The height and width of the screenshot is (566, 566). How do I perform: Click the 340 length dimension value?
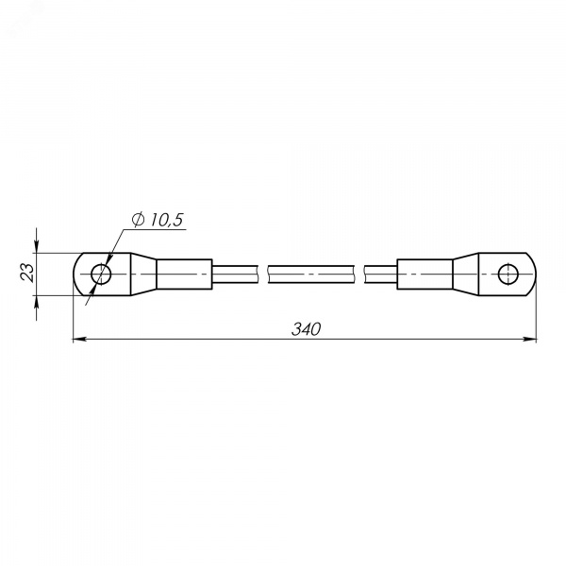(x=306, y=329)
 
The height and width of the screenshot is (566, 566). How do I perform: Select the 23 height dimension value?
(x=27, y=272)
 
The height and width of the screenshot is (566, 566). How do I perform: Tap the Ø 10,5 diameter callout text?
(x=158, y=220)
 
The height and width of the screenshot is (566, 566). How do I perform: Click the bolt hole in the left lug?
(x=101, y=274)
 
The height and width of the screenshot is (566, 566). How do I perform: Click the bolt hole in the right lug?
(x=508, y=274)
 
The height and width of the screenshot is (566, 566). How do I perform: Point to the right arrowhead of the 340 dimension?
(x=530, y=339)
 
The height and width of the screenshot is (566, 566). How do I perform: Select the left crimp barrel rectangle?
(x=184, y=274)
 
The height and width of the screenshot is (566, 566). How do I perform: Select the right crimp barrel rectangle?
(x=424, y=274)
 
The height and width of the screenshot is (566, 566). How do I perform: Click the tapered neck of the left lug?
(x=143, y=274)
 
